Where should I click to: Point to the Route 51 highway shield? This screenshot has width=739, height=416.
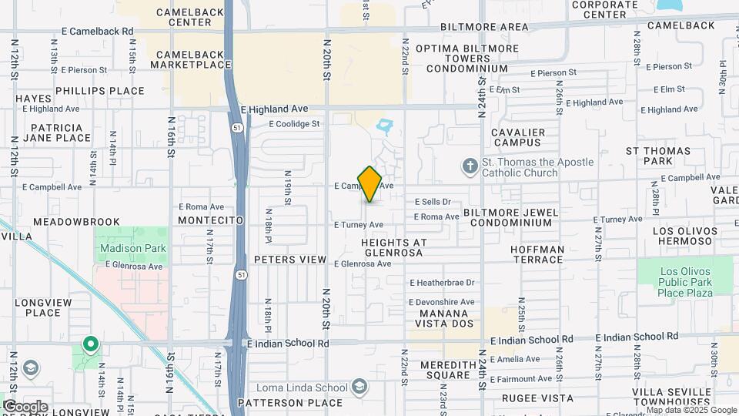click(242, 275)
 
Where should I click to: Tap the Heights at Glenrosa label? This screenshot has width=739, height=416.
click(404, 248)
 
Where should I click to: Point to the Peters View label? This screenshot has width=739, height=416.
click(290, 260)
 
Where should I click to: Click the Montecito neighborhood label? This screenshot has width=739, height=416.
click(210, 220)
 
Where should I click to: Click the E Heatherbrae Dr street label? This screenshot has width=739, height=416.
click(442, 283)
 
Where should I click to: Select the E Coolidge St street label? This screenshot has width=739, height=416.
click(293, 123)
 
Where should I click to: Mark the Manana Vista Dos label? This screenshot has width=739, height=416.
click(443, 320)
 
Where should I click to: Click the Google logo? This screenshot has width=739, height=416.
click(25, 407)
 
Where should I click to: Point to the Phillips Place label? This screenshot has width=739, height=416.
click(100, 91)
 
